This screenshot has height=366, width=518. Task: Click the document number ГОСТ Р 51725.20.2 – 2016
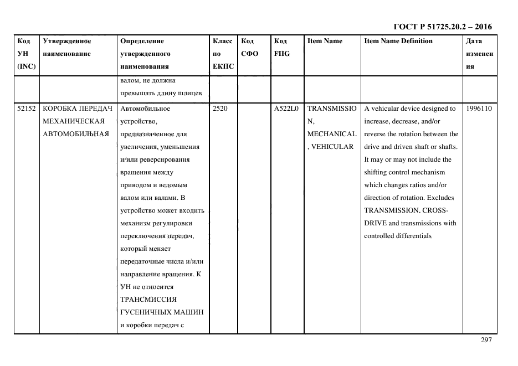(x=442, y=27)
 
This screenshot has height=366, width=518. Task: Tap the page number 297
(x=486, y=340)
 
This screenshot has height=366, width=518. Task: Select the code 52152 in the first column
(x=26, y=109)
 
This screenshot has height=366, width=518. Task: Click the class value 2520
(x=220, y=109)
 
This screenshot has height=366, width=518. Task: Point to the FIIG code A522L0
(x=286, y=109)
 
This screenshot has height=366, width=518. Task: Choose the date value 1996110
(x=479, y=109)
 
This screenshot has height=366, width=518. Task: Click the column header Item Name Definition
(x=398, y=41)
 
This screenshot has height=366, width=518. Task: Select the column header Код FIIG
(x=282, y=48)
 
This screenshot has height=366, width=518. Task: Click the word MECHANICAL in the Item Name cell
(x=331, y=134)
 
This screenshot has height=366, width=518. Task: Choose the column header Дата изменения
(x=479, y=54)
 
